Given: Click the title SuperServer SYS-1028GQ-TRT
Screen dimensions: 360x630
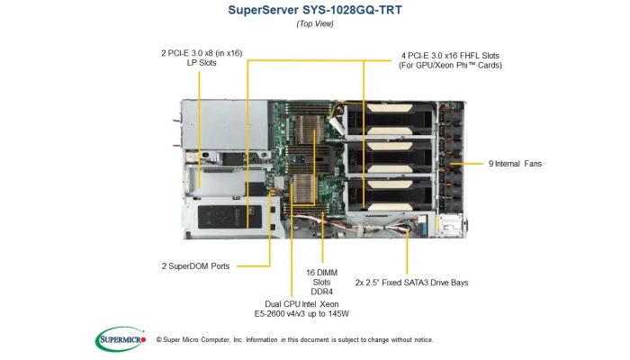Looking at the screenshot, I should click(315, 10).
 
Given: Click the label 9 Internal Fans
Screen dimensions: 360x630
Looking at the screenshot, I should click(515, 164).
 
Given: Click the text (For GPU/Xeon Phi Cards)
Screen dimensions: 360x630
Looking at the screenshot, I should click(449, 67).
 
